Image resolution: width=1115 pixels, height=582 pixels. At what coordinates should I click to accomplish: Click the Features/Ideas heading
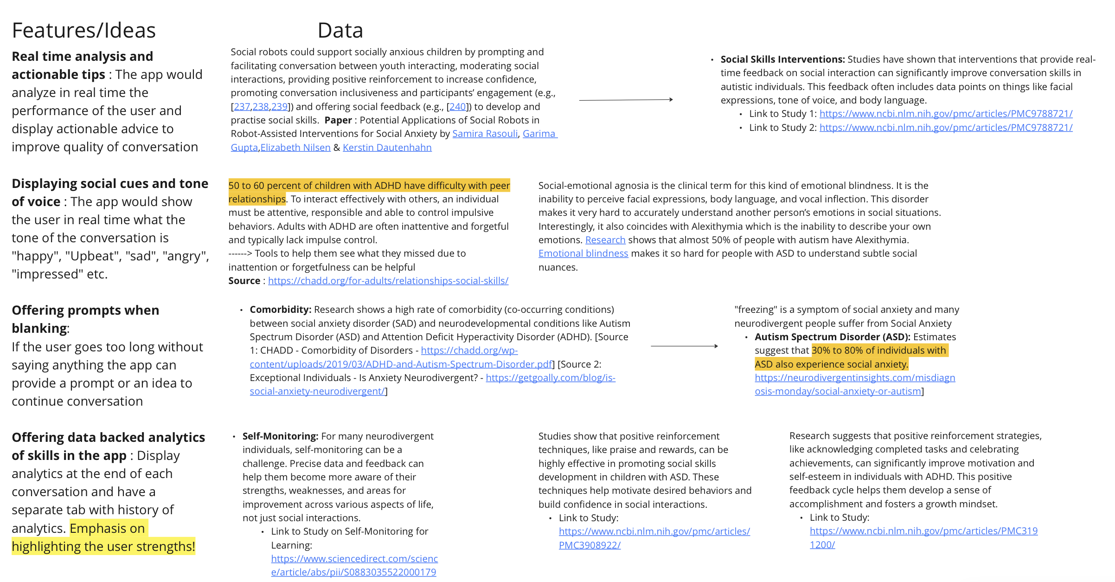(x=83, y=31)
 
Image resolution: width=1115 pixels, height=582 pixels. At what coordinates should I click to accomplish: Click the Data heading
(x=340, y=31)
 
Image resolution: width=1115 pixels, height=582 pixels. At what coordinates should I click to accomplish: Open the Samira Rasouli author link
(x=485, y=134)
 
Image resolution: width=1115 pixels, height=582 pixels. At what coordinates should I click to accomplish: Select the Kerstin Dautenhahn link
(x=387, y=148)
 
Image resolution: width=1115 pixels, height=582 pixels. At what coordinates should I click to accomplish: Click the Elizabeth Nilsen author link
(x=295, y=148)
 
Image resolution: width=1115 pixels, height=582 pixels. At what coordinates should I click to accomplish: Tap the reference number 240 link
(x=457, y=107)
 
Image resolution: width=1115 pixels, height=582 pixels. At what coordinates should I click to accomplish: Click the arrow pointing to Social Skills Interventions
(x=626, y=100)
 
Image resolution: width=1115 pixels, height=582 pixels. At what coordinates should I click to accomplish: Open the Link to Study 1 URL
(x=946, y=114)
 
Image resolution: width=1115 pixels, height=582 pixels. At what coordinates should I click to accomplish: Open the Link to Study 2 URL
(x=946, y=128)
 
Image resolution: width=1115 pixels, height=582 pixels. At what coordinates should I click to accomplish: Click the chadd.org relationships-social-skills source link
(x=388, y=281)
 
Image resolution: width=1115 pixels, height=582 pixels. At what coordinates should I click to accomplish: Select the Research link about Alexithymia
(x=605, y=240)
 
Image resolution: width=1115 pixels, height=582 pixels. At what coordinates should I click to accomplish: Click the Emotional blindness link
(x=583, y=253)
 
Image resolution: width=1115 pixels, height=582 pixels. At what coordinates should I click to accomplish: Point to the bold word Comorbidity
(x=280, y=310)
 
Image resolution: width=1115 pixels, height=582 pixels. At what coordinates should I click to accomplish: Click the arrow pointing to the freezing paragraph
(x=684, y=346)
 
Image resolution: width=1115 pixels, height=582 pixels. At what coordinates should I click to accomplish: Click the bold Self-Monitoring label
(x=280, y=436)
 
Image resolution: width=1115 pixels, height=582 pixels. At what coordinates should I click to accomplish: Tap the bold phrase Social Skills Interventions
(x=782, y=59)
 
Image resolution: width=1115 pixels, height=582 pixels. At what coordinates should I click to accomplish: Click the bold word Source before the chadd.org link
(x=244, y=281)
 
